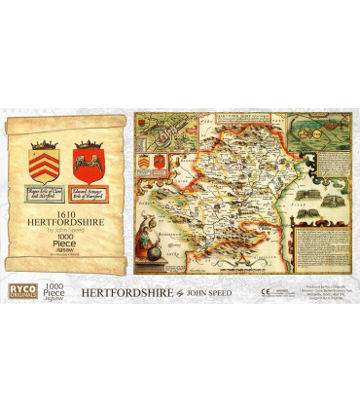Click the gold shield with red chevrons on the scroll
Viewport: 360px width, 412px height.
pos(44,157)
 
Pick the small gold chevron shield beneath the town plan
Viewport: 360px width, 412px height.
pos(146,162)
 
